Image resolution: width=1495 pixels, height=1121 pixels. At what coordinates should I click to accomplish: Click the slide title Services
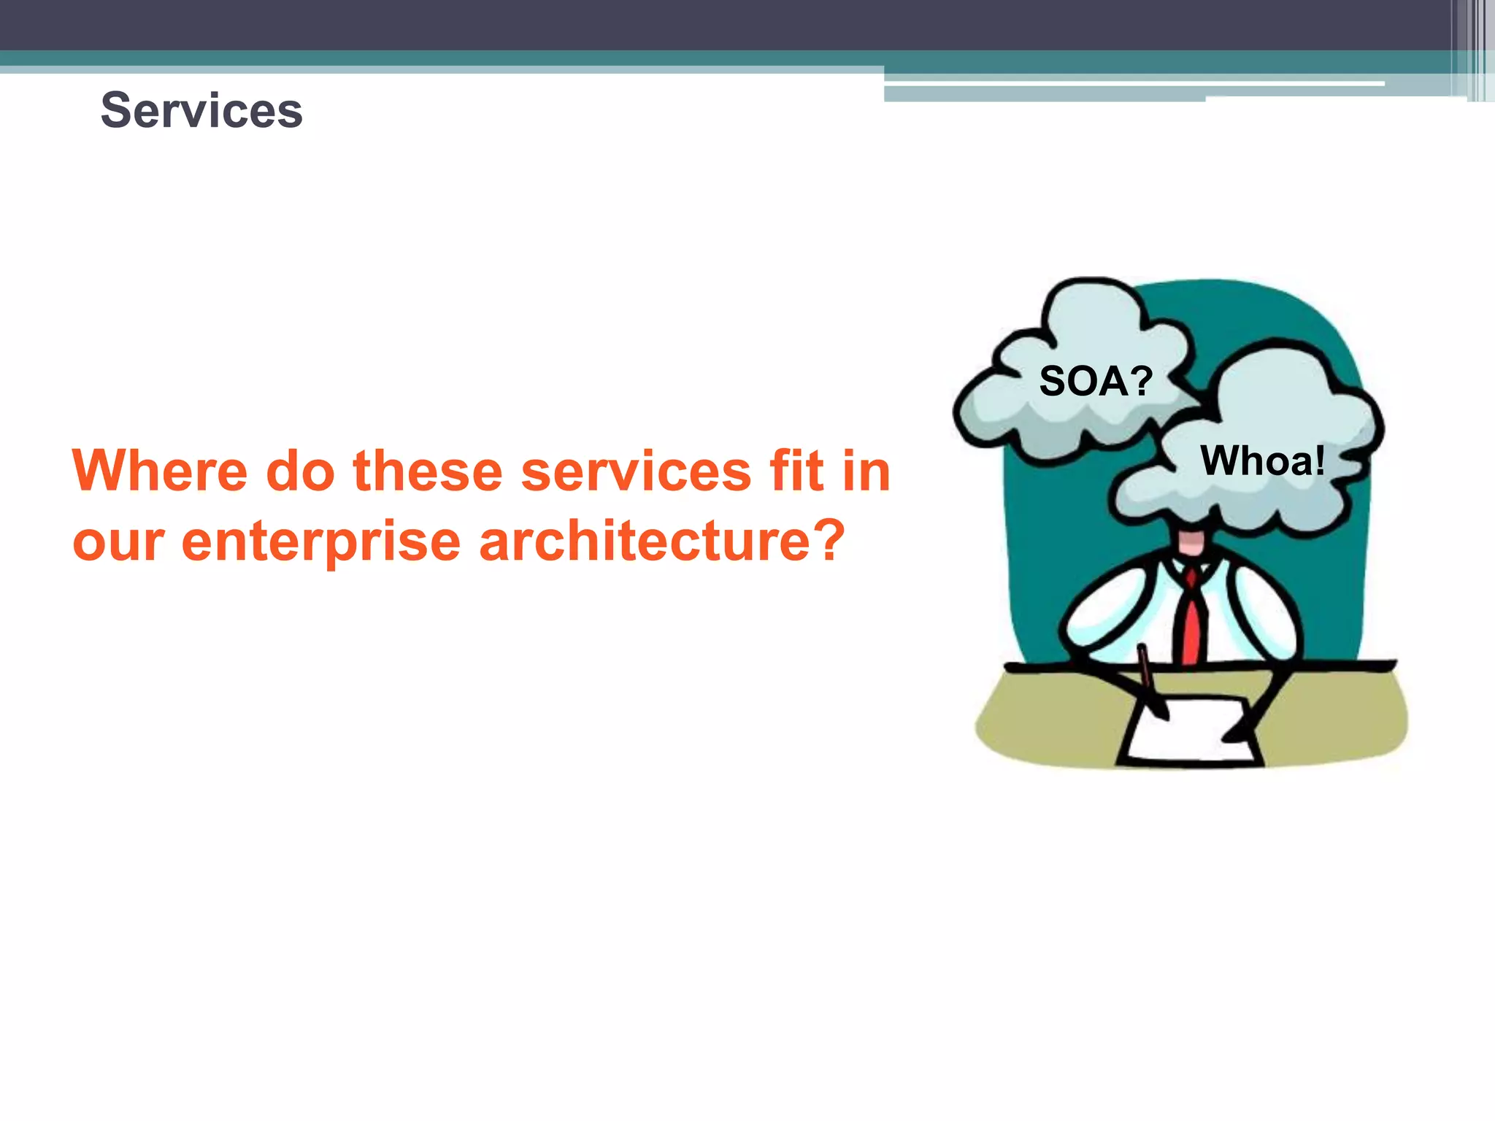point(201,110)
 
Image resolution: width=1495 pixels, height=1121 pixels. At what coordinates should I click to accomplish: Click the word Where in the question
point(160,471)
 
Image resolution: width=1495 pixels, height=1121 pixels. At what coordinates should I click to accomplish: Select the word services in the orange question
point(636,471)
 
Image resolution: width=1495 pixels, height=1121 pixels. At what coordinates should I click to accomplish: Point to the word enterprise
point(321,542)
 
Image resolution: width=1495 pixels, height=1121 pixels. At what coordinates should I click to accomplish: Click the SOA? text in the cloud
point(1095,381)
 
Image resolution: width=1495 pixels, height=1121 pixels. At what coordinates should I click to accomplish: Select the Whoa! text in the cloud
point(1262,461)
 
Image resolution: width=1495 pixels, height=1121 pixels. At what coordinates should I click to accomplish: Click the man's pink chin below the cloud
point(1193,542)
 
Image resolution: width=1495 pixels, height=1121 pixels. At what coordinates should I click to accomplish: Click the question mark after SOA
point(1139,381)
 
